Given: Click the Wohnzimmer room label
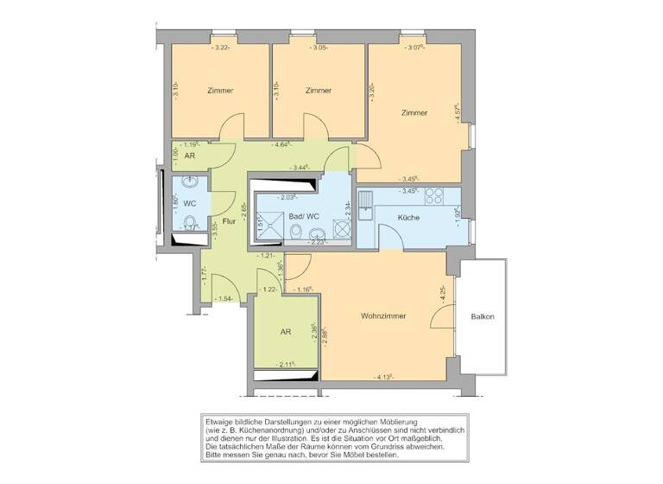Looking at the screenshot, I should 383,316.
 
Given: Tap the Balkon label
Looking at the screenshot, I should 483,316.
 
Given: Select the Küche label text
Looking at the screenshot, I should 408,217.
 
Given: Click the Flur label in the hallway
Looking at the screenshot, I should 229,221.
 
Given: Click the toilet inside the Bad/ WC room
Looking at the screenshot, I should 296,233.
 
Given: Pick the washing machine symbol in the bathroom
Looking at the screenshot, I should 339,231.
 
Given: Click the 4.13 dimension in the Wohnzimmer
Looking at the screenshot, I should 384,377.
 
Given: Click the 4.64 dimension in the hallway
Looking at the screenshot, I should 281,144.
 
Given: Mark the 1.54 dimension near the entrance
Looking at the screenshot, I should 225,298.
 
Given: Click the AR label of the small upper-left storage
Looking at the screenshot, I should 189,157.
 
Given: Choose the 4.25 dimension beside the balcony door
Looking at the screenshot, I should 442,294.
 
